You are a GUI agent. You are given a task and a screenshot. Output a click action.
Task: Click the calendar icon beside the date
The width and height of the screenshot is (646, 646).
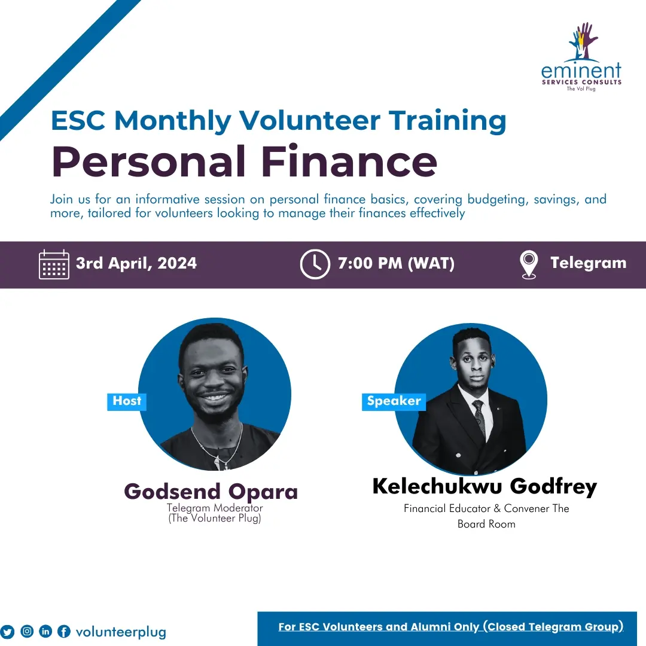(x=54, y=264)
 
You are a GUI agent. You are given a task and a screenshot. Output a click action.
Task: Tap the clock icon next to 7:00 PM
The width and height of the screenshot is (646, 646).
(x=315, y=264)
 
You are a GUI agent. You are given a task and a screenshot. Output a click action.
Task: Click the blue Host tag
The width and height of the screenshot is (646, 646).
(x=127, y=401)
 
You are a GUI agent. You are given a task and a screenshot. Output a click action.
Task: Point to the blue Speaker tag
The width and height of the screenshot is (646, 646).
(x=394, y=401)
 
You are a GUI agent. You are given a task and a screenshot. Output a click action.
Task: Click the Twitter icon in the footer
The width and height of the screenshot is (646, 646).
(x=8, y=632)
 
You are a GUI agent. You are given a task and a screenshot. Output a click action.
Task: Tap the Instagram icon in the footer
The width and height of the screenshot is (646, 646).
(x=27, y=631)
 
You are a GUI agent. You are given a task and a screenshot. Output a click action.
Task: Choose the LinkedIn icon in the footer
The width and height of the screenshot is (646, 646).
(x=45, y=631)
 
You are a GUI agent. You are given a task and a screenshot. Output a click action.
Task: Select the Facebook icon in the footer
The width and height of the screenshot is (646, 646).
(x=64, y=632)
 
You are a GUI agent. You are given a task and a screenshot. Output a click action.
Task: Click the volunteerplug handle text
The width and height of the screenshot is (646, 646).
(x=121, y=632)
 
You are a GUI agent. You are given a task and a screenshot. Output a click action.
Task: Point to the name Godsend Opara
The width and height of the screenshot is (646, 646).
(x=211, y=492)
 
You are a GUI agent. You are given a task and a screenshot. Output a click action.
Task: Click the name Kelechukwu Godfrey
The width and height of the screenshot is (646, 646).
(x=484, y=486)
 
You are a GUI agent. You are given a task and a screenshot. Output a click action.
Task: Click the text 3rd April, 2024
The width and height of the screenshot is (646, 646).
(x=136, y=263)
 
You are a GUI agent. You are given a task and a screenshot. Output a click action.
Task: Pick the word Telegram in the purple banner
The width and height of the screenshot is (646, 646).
(x=588, y=263)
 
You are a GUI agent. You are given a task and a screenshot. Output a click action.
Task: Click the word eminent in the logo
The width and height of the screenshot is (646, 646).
(x=581, y=71)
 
